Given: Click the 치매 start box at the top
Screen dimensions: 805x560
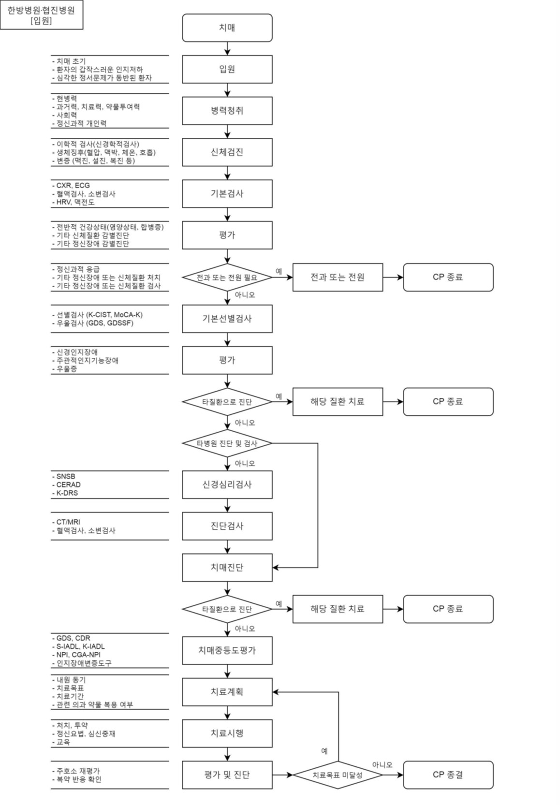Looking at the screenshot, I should [x=227, y=28].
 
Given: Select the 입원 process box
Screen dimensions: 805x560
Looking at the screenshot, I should [x=227, y=69].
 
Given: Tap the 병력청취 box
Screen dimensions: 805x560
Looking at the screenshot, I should [x=227, y=111].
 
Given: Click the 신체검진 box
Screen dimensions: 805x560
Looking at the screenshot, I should [x=227, y=152].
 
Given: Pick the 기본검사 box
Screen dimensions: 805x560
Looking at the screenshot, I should [x=227, y=193].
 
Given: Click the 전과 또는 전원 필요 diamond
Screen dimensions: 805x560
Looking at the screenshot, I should [x=227, y=278].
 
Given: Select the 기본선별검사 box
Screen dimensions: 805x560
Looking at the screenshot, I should [x=227, y=319].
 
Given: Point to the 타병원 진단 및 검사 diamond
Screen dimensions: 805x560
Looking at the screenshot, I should [x=227, y=443].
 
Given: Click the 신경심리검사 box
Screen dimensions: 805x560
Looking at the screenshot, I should [x=227, y=484].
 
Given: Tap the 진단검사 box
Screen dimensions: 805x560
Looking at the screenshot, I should [x=227, y=526].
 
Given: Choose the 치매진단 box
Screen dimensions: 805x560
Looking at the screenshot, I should [x=227, y=567].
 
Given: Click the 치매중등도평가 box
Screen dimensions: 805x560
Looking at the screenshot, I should [x=227, y=650].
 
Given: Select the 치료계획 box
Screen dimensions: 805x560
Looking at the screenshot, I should [x=227, y=692].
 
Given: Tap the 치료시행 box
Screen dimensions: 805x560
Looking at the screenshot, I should [x=227, y=733].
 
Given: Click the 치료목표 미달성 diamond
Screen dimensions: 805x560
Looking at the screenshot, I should [x=338, y=775].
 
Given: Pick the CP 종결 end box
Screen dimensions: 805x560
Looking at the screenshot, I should [x=448, y=775].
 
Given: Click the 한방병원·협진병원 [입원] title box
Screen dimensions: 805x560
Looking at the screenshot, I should [x=41, y=15].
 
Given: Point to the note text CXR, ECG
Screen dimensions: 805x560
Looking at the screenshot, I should [x=73, y=186].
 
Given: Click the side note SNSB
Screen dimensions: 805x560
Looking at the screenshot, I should [x=66, y=476].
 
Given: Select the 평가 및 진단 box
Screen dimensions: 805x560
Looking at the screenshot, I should [x=227, y=775].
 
